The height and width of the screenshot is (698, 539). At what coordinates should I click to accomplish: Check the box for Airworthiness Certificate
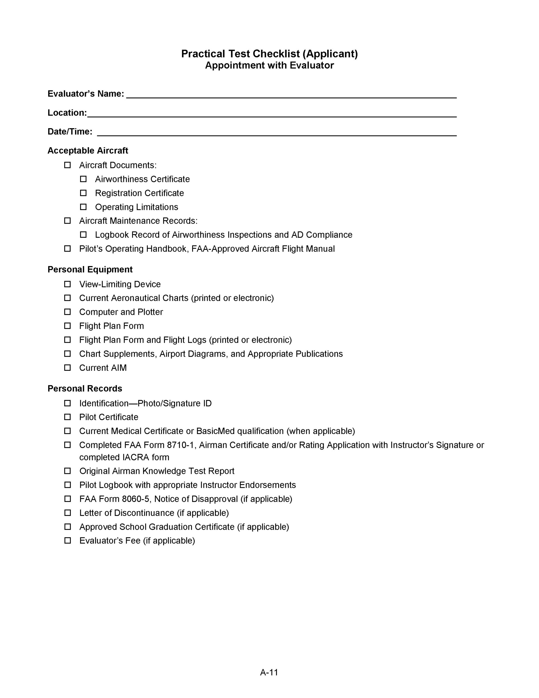[83, 179]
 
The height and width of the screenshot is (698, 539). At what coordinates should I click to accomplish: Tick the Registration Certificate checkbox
[83, 193]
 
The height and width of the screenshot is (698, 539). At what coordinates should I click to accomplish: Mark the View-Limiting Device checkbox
[67, 284]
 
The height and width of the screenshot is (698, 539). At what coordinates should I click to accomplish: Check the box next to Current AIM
[67, 368]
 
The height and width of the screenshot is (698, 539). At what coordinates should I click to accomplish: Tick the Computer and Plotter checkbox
[67, 312]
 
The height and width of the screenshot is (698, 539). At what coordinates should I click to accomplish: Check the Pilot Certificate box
[67, 417]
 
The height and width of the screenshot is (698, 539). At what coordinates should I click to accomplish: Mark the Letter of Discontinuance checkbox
[67, 513]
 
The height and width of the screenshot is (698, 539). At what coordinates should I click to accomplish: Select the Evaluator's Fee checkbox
[67, 540]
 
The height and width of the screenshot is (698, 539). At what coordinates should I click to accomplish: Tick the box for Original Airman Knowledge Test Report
[67, 471]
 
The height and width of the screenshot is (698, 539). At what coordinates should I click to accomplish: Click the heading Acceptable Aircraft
[88, 151]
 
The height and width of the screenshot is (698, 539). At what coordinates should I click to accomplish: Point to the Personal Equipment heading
[90, 269]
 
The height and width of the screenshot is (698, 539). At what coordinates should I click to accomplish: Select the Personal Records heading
[85, 388]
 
